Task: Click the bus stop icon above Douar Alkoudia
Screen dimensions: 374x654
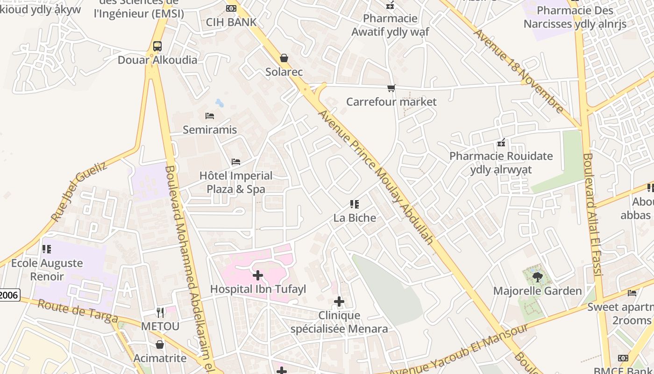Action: pos(157,46)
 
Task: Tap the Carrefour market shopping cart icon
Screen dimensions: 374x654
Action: pos(391,88)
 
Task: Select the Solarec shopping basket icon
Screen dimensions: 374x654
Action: pos(284,58)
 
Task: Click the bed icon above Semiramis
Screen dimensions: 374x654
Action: pos(210,115)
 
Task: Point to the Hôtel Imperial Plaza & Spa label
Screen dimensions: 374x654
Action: pos(236,182)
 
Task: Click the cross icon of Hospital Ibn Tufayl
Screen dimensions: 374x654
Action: pos(257,275)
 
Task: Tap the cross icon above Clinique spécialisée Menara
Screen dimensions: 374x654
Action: pos(339,302)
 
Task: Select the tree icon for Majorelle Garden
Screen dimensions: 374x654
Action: pos(537,277)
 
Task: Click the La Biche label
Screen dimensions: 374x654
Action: pos(355,218)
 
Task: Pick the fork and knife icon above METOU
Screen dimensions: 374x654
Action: pos(160,312)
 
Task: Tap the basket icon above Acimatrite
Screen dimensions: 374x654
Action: pos(160,345)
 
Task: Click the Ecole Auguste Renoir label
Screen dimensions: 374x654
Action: pos(47,270)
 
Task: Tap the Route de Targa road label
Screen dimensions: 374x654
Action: pos(78,311)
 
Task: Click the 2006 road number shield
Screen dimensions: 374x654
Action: pos(9,295)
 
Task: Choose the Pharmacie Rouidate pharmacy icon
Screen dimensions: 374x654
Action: pos(501,143)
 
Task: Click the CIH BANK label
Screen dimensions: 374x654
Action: pos(231,22)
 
